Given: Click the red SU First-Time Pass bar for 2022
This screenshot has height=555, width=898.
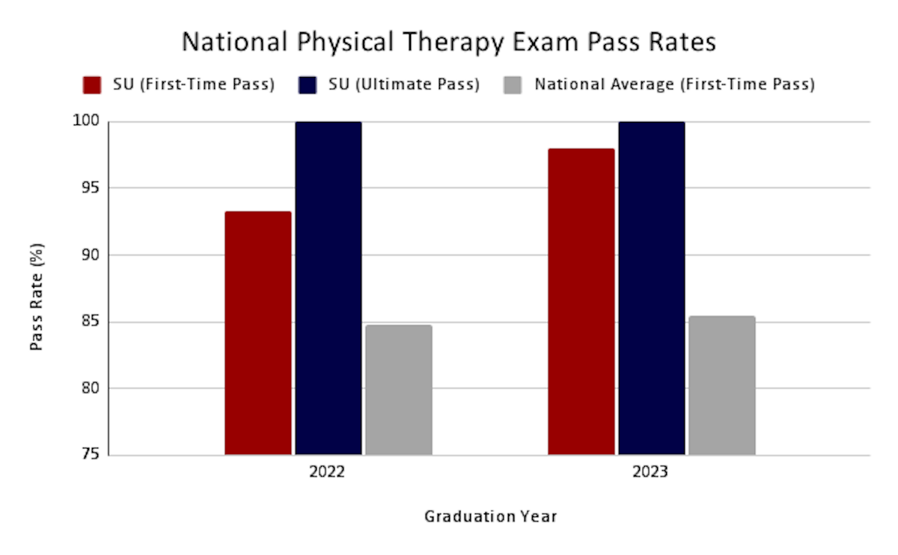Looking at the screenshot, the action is [x=258, y=333].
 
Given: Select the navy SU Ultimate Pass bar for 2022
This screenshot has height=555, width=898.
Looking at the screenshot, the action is [x=329, y=288].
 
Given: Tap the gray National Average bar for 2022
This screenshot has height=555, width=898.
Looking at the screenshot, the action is [x=399, y=390].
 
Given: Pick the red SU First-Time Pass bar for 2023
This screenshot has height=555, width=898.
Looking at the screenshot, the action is [x=581, y=301].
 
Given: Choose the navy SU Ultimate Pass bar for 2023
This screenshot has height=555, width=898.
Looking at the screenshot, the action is [x=652, y=288].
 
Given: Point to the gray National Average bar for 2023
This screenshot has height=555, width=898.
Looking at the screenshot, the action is [x=722, y=385].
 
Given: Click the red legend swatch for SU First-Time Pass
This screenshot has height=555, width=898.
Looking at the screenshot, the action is [x=92, y=85].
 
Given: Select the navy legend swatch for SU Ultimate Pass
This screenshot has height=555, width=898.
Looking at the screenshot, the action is [x=308, y=85].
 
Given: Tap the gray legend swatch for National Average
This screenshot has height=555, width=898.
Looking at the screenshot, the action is [x=513, y=85].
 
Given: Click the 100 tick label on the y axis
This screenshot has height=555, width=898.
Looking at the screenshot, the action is [x=86, y=120].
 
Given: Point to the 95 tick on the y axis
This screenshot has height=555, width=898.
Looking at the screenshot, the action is [x=91, y=187].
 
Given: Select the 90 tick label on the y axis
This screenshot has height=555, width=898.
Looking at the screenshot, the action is [x=91, y=254].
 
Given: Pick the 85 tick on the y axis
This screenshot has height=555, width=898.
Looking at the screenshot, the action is [x=91, y=321].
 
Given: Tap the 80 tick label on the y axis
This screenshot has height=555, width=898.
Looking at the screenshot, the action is [x=91, y=388].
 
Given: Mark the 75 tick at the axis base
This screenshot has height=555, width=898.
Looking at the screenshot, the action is [x=91, y=453].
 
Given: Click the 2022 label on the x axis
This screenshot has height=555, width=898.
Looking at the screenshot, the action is [x=327, y=472].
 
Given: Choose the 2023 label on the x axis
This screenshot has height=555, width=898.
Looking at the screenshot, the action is [x=650, y=472].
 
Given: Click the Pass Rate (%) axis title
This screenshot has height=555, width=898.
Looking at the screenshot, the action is [x=37, y=297].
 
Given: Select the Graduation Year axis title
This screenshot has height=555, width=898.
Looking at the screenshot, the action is [x=491, y=517].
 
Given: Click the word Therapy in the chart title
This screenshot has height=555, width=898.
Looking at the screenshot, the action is [x=453, y=43].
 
